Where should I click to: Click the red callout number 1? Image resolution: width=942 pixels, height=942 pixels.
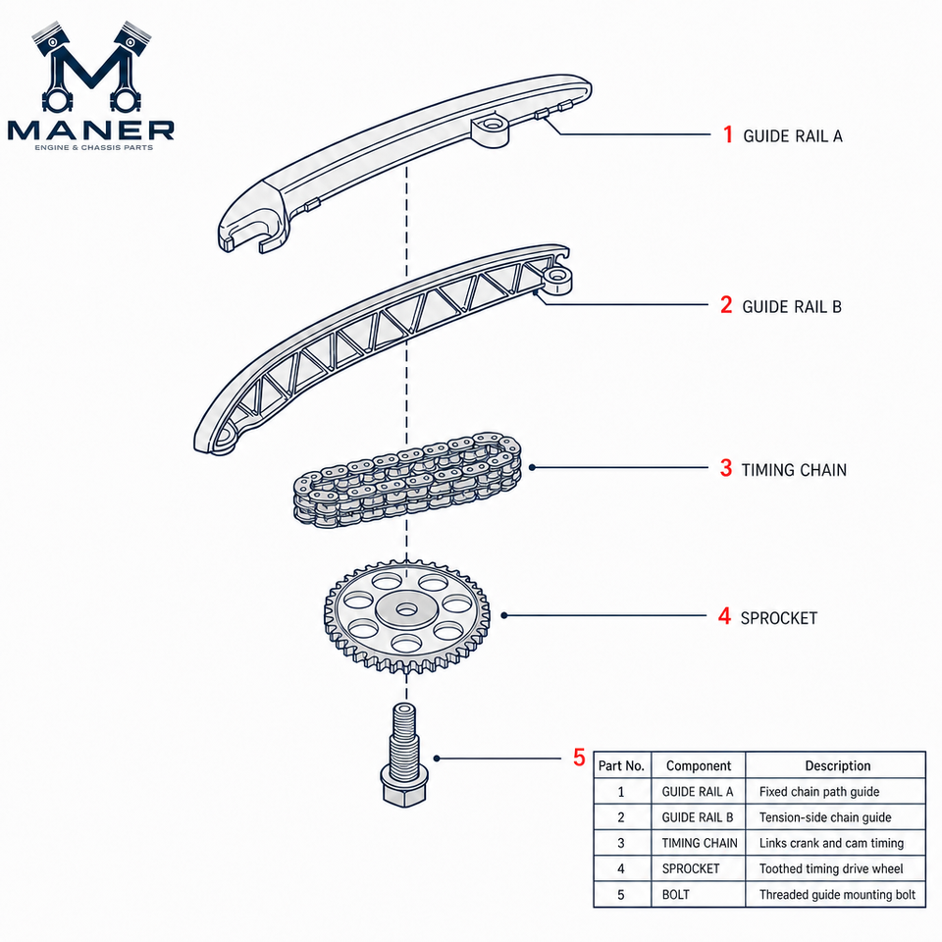coord(728,134)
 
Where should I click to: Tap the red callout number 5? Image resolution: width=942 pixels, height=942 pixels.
coord(579,758)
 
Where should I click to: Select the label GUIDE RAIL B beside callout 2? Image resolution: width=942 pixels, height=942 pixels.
coord(792,307)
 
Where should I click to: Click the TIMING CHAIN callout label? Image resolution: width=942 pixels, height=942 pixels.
coord(794,470)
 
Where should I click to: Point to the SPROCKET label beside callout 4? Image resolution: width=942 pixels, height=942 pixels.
coord(778,618)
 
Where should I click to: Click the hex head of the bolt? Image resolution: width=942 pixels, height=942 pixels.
coord(404,786)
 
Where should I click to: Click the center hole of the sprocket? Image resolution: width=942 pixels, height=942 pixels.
coord(406,610)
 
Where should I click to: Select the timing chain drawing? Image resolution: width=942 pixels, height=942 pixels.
coord(407,480)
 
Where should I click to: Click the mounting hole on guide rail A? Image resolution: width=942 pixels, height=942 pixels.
coord(492,125)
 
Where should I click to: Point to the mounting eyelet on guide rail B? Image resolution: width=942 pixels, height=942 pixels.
coord(557,277)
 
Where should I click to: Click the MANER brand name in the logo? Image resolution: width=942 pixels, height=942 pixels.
coord(90,130)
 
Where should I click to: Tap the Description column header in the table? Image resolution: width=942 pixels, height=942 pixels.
coord(837,765)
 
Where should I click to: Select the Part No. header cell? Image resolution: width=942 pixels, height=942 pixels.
coord(621,765)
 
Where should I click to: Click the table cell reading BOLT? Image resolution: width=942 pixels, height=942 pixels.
coord(698,895)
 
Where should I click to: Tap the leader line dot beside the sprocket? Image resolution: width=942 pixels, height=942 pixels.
coord(504,615)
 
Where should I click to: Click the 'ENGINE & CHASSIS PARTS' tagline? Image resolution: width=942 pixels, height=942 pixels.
coord(94,148)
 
